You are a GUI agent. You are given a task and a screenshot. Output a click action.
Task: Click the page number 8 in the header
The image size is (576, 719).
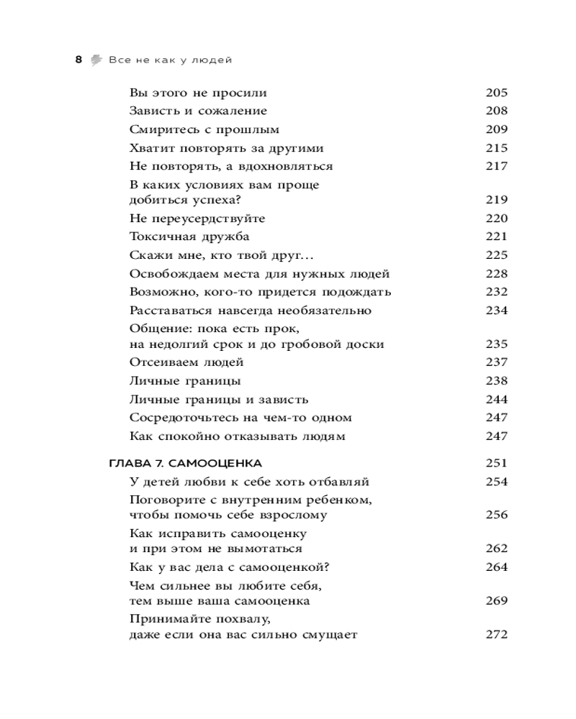[x=78, y=60]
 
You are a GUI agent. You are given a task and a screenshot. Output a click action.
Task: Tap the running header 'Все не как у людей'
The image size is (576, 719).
[x=170, y=60]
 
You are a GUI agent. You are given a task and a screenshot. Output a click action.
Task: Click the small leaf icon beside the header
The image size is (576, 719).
[x=96, y=60]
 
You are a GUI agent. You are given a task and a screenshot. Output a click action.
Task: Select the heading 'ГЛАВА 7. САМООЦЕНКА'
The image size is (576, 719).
[x=184, y=463]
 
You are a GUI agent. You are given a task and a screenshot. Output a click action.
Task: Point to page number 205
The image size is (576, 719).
[x=497, y=93]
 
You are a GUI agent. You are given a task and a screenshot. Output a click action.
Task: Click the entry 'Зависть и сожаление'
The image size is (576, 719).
[x=198, y=111]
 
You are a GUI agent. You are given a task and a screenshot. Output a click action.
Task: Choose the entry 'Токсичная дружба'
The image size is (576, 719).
[x=189, y=237]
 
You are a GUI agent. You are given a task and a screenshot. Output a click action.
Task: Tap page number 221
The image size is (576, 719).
[x=497, y=237]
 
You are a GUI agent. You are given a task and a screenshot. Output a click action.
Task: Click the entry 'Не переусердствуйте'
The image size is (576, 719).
[x=197, y=219]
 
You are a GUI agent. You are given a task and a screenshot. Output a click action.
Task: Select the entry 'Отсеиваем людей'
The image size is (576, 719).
[x=186, y=362]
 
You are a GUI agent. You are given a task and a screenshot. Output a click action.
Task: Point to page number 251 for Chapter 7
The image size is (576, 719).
[x=497, y=463]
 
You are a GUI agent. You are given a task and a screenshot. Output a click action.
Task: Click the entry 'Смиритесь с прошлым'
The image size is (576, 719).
[x=204, y=129]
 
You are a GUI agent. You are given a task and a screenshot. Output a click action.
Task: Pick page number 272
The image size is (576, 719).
[x=497, y=635]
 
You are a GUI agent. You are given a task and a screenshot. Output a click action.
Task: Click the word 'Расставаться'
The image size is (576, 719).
[x=171, y=311]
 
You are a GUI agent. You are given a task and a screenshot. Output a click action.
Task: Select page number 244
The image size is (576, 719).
[x=497, y=399]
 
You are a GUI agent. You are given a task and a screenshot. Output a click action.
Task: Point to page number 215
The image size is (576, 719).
[x=497, y=148]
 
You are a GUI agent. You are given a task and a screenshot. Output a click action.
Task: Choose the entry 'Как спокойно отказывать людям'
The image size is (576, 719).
[x=238, y=436]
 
